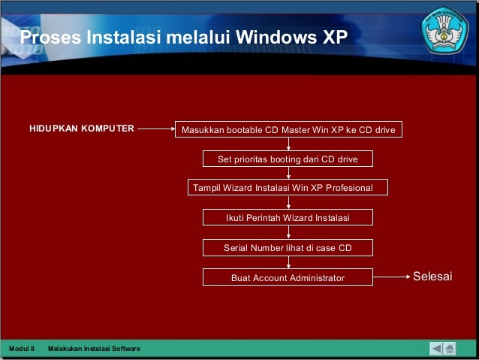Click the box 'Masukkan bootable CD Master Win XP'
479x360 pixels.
pos(288,130)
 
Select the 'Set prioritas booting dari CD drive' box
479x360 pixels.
pos(288,159)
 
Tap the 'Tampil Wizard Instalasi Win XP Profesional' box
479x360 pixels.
pos(288,187)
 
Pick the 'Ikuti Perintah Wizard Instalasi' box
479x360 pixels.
pos(288,218)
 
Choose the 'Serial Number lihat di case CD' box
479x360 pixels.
pos(288,247)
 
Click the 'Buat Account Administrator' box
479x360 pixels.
pos(288,277)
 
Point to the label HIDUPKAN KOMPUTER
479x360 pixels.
pos(82,129)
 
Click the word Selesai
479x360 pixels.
pos(432,277)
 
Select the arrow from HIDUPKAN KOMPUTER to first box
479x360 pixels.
pos(156,129)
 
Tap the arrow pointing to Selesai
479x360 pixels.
pos(390,277)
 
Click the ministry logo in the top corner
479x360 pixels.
pos(447,30)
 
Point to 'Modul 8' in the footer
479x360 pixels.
pos(22,349)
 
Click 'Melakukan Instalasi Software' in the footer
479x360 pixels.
pos(93,349)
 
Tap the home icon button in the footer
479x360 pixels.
pos(450,349)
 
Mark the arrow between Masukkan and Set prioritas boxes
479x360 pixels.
pos(288,145)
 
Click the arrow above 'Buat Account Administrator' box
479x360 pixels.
pos(288,262)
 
